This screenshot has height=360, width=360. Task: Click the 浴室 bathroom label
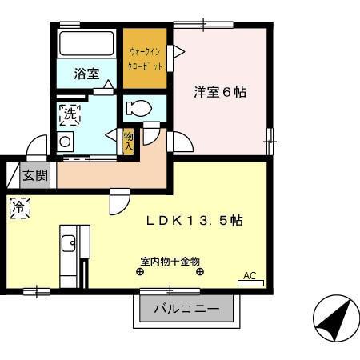pos(86,74)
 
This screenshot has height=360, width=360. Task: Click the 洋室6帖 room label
pos(219,92)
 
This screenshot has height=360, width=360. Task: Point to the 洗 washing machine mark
pos(70,114)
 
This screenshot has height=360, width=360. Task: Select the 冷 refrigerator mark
pos(18,208)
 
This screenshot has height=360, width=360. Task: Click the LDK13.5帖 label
pos(194,222)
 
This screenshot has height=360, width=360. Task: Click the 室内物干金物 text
pos(170,261)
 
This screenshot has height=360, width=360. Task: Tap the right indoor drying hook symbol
pos(200,272)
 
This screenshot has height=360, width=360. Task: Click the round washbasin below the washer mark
pos(65,142)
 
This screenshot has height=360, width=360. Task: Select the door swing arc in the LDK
pos(118,202)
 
